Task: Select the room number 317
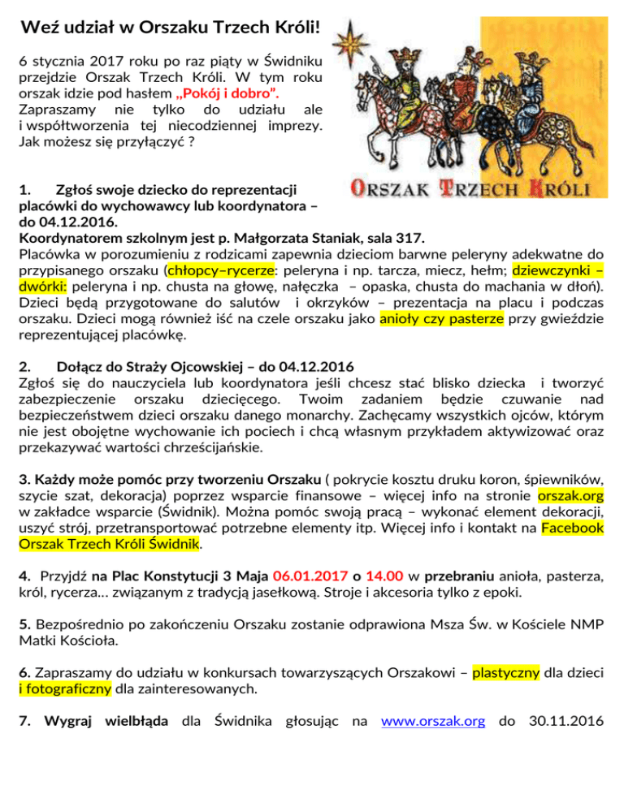point(410,238)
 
